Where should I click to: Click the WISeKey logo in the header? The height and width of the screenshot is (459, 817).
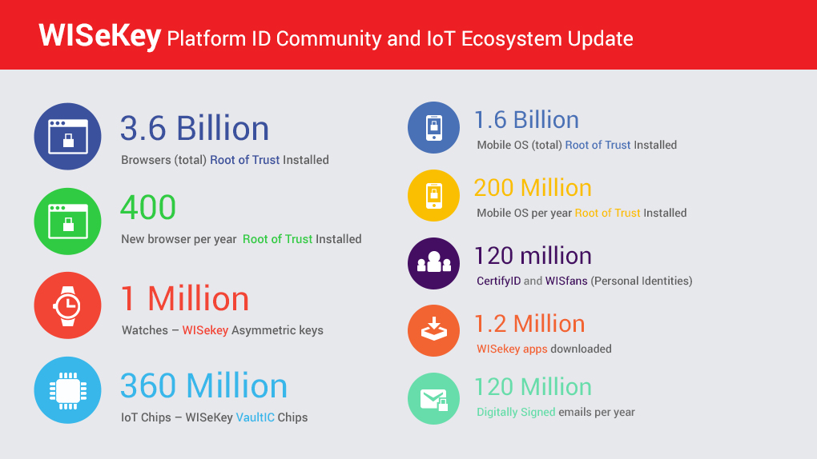[x=99, y=36]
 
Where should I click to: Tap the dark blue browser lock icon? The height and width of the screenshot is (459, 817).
[x=68, y=137]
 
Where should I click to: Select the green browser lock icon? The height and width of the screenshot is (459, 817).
[x=68, y=222]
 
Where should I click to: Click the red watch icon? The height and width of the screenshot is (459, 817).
[x=68, y=305]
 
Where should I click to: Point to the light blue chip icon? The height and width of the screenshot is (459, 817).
[x=68, y=390]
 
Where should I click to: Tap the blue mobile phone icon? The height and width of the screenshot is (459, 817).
[x=433, y=127]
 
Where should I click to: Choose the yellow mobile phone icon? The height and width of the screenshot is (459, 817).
[x=433, y=196]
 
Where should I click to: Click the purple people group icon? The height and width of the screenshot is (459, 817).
[x=433, y=263]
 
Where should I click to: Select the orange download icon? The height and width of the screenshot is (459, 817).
[x=433, y=330]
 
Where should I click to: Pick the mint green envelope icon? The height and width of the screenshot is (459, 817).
[x=433, y=399]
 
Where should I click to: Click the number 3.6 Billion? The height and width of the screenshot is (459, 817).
[x=195, y=128]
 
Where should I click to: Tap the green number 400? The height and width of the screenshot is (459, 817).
[x=148, y=207]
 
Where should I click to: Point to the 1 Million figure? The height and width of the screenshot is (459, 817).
[x=185, y=299]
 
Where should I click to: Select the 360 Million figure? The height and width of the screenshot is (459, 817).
[x=203, y=385]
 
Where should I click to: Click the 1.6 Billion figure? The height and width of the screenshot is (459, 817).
[x=526, y=120]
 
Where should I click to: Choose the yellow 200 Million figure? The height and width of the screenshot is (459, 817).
[x=533, y=188]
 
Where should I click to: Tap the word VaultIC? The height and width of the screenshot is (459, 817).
[x=256, y=417]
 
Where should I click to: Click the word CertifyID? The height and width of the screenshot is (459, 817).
[x=499, y=281]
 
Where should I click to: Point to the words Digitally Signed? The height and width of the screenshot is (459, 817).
[x=516, y=412]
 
